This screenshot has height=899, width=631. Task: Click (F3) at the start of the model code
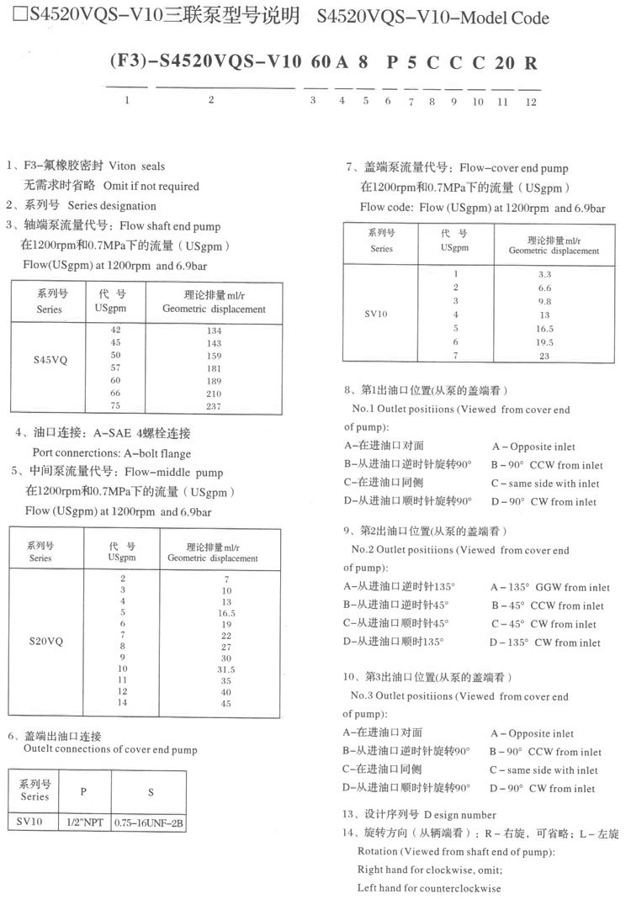[x=127, y=63]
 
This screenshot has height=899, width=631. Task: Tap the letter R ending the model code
[x=529, y=63]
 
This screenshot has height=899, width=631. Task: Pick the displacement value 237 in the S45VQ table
[x=213, y=407]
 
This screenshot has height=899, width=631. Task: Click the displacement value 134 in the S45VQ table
[x=213, y=331]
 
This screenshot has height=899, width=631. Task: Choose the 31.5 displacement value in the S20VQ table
[x=225, y=669]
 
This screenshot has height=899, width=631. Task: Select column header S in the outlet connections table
[x=150, y=791]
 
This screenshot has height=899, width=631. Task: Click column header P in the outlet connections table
[x=83, y=791]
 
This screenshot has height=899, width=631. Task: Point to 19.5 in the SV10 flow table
[x=544, y=342]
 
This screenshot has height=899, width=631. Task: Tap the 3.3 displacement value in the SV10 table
[x=544, y=275]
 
